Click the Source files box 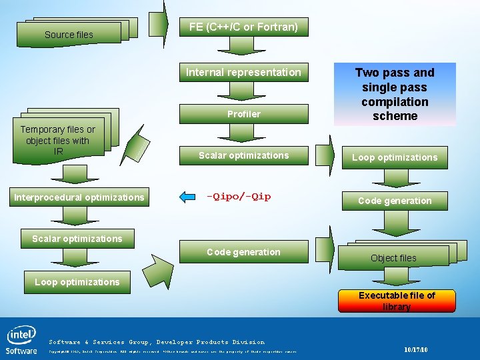[x=69, y=34]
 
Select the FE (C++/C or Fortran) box [x=243, y=27]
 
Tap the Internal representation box [x=243, y=72]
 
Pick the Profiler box [x=243, y=114]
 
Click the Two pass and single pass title [x=395, y=94]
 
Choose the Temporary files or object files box [x=58, y=140]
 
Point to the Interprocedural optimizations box [x=79, y=197]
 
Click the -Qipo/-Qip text [x=239, y=197]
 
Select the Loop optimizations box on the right [x=395, y=157]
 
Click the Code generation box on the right [x=395, y=201]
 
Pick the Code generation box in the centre [x=243, y=252]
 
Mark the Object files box [x=393, y=257]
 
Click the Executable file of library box [x=397, y=301]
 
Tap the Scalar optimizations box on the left [x=77, y=239]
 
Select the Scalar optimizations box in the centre [x=243, y=155]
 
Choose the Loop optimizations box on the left [x=77, y=282]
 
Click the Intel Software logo [x=21, y=339]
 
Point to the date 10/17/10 [x=416, y=350]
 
